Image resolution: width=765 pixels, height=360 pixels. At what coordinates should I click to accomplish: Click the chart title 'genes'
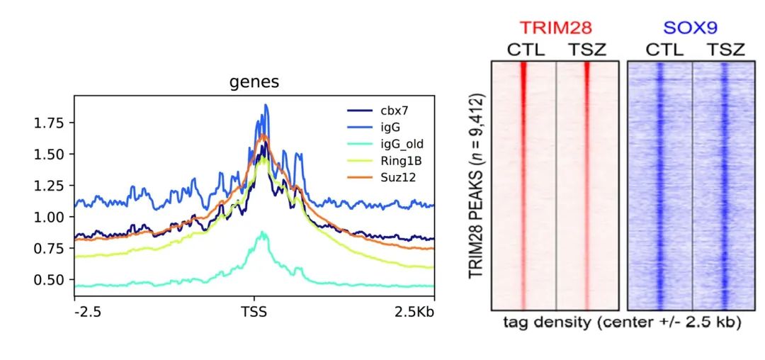(x=254, y=82)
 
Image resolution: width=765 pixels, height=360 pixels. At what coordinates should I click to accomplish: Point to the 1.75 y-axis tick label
(x=50, y=123)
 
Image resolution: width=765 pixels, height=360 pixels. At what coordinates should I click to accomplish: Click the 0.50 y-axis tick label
(x=50, y=280)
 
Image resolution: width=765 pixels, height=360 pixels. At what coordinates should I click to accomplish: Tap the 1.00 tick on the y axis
(x=50, y=217)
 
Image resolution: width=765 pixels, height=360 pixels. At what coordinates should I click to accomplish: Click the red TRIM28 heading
(x=555, y=28)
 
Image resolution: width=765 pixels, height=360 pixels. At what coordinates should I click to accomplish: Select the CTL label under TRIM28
(x=524, y=50)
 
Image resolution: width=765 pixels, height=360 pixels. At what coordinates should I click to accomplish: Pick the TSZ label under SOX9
(x=725, y=50)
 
